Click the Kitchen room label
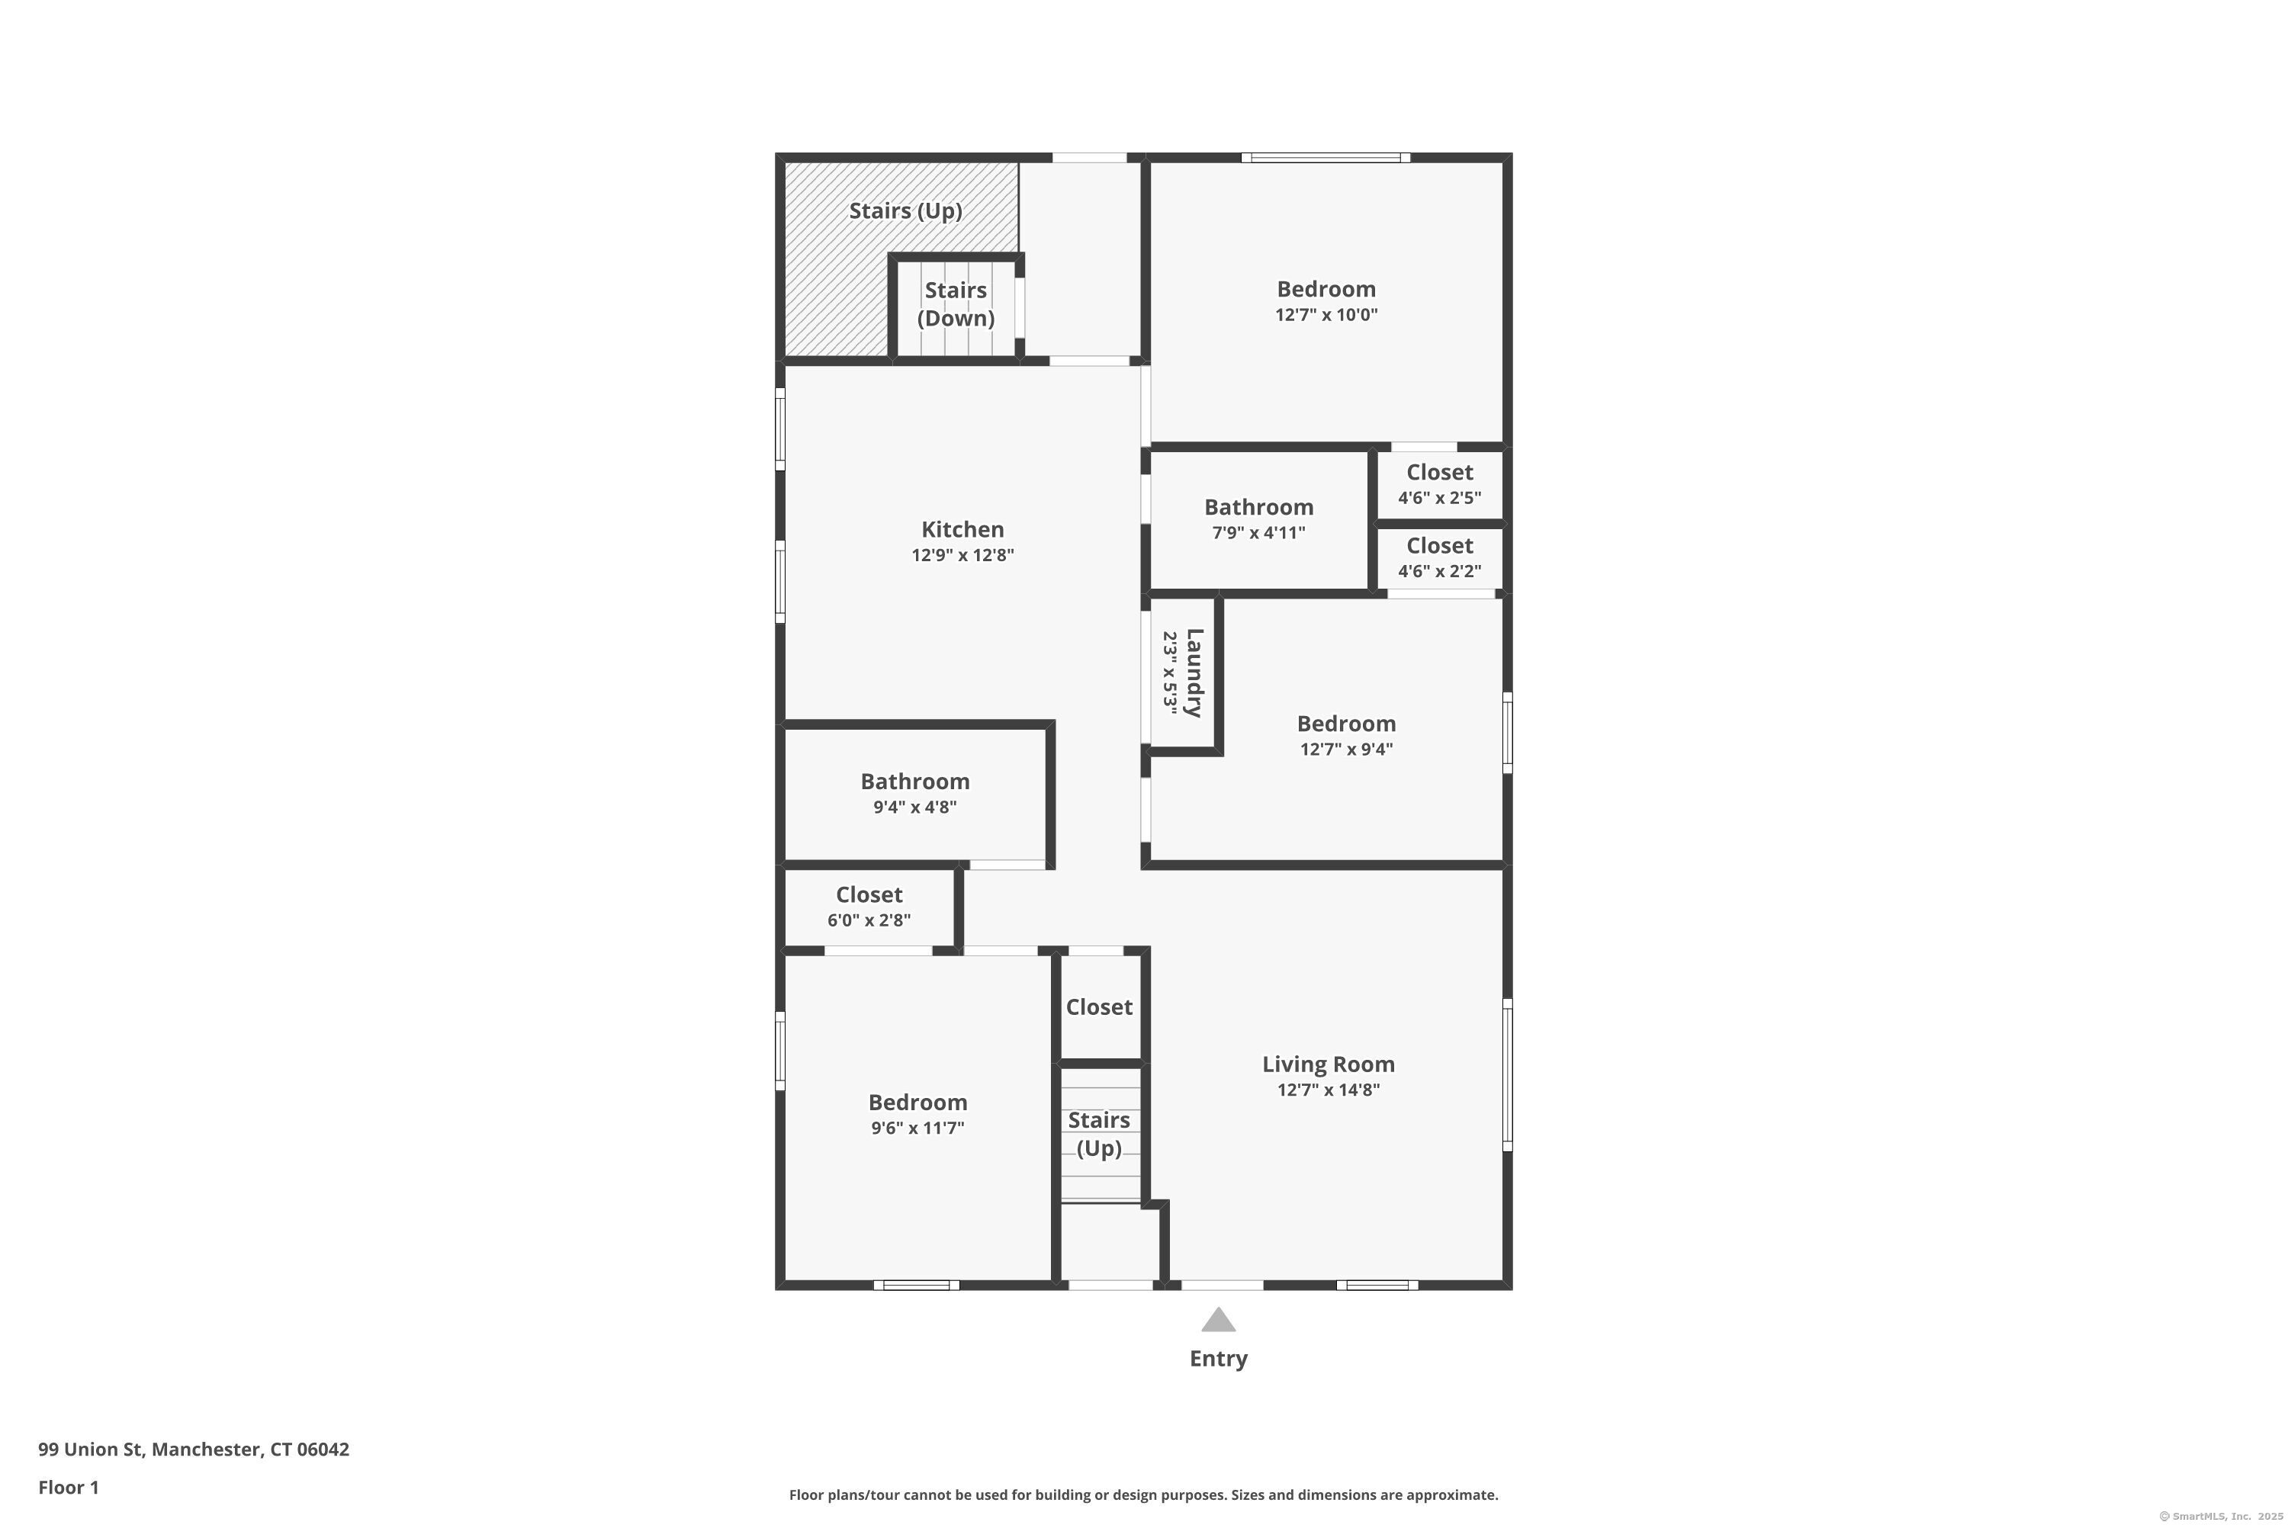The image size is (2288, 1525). pyautogui.click(x=962, y=530)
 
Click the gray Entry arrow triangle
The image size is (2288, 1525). pyautogui.click(x=1218, y=1320)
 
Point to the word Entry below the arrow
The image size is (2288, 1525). pyautogui.click(x=1218, y=1359)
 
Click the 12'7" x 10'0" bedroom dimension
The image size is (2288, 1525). pyautogui.click(x=1326, y=315)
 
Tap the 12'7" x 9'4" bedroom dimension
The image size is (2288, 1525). pyautogui.click(x=1346, y=750)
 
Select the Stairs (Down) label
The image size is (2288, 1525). pyautogui.click(x=956, y=304)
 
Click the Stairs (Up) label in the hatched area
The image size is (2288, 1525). pyautogui.click(x=905, y=211)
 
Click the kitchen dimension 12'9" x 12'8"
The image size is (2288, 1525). pyautogui.click(x=962, y=555)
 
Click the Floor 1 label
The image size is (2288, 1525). pyautogui.click(x=68, y=1487)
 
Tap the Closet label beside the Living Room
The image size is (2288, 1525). pyautogui.click(x=1098, y=1007)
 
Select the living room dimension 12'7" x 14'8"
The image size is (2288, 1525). pyautogui.click(x=1328, y=1090)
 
